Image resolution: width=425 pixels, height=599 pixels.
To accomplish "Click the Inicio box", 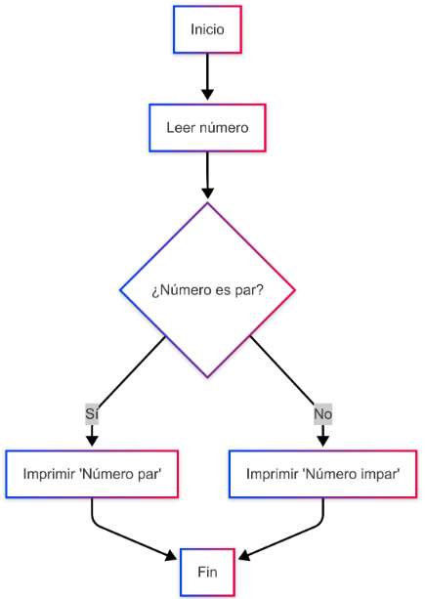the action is (x=207, y=29).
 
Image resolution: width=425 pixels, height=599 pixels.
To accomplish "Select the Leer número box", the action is (x=207, y=128).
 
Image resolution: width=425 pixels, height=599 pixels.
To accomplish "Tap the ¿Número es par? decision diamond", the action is (x=207, y=290).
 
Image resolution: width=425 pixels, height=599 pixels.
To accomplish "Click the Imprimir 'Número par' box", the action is (x=92, y=474).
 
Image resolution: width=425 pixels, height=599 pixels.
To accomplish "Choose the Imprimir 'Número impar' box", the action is (x=323, y=474).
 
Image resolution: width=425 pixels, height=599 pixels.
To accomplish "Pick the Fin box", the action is (x=207, y=573).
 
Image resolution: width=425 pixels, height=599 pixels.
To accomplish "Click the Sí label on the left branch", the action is (x=92, y=413).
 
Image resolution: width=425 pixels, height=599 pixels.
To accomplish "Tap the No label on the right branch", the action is (x=323, y=413).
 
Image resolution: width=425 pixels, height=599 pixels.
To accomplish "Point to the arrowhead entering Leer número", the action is (x=207, y=95).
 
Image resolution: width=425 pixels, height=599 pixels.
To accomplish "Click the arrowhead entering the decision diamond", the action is (x=207, y=193).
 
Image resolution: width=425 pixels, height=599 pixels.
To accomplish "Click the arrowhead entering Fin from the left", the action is (x=171, y=555).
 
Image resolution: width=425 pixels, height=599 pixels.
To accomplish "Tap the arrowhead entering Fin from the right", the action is (x=244, y=555).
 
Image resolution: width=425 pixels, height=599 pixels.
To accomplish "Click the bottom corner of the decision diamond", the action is (x=207, y=378).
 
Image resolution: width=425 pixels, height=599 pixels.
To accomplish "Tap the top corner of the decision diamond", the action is (x=207, y=203).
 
